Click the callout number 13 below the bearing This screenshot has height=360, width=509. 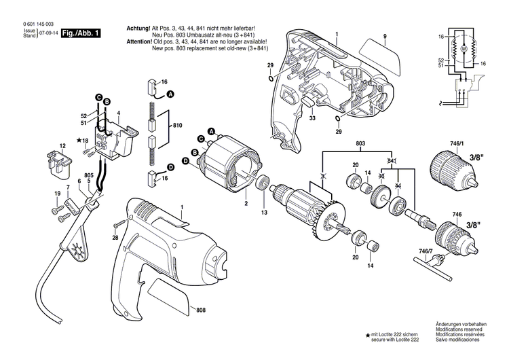pyautogui.click(x=264, y=212)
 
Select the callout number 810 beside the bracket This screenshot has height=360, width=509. pyautogui.click(x=178, y=127)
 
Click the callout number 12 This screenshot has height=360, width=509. pyautogui.click(x=62, y=146)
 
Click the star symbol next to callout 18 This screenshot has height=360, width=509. pyautogui.click(x=79, y=140)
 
